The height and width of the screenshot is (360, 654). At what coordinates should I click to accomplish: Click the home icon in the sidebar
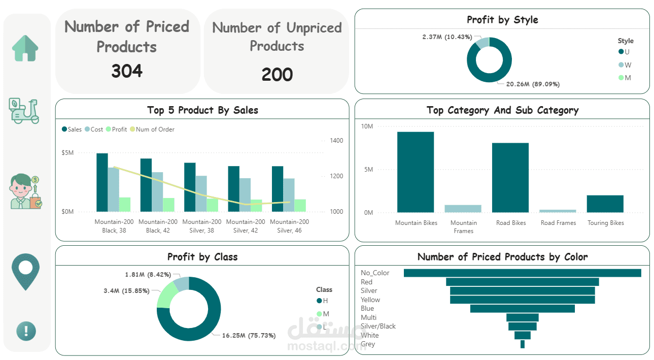point(25,48)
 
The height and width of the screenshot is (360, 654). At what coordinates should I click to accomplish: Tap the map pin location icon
point(25,271)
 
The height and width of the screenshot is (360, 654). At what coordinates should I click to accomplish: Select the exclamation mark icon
point(25,331)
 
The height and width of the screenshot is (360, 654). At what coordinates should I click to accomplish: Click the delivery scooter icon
point(24,111)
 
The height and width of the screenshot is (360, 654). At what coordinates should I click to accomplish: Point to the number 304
point(127,71)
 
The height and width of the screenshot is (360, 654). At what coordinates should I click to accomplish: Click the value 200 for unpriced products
point(277,75)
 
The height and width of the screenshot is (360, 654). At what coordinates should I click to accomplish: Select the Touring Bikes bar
point(605,204)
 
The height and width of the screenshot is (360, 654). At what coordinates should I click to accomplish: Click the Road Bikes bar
point(510,178)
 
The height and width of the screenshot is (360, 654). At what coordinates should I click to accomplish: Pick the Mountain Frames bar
point(463,209)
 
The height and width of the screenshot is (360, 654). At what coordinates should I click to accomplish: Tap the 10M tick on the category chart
point(367,126)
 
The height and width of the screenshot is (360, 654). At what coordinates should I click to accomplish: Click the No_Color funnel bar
point(522,273)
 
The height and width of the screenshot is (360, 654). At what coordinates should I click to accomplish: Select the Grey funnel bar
point(523,344)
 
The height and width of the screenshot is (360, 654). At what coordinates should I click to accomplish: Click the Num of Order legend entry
point(153,129)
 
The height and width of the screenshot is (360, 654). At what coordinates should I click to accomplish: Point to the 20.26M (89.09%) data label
point(532,84)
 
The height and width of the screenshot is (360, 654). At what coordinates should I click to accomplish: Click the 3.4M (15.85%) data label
point(126,291)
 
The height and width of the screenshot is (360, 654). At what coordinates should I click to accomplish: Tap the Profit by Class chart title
point(202,257)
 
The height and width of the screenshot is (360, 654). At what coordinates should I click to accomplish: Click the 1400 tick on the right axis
point(336,141)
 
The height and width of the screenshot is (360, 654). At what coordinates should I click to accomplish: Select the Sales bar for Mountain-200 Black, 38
point(102,182)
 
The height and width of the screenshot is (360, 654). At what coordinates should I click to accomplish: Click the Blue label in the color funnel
point(367,309)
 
